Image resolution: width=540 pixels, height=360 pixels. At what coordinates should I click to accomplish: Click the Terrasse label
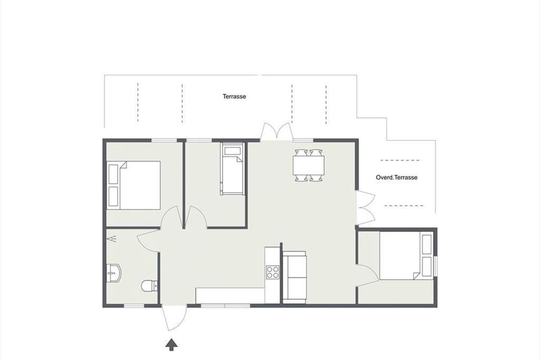click(x=234, y=96)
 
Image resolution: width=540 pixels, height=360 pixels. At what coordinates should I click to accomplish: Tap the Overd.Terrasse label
click(x=396, y=177)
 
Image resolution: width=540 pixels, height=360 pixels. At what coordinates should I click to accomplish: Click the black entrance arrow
click(x=171, y=345)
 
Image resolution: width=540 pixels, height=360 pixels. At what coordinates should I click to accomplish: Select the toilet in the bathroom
click(x=149, y=286)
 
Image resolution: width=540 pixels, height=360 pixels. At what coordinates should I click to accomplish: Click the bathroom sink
click(x=113, y=273)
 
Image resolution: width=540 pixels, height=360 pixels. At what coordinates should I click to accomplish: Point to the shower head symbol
click(x=112, y=238)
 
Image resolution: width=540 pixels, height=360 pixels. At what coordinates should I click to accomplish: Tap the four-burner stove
click(x=273, y=272)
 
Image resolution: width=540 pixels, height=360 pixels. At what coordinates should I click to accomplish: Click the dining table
click(x=309, y=166)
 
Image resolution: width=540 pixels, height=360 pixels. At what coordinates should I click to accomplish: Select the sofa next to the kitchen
click(x=294, y=277)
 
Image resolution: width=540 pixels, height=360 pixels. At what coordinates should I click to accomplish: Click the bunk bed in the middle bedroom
click(x=232, y=169)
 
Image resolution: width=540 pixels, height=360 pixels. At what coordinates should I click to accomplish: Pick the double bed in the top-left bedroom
click(x=134, y=185)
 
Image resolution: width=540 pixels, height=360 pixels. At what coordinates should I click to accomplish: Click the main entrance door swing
click(x=174, y=318)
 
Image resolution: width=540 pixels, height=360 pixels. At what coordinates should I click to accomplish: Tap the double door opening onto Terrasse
click(x=277, y=132)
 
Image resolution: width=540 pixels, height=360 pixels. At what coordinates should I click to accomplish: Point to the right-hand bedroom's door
click(x=367, y=275)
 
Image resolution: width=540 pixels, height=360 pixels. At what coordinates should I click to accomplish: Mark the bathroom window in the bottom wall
click(x=134, y=306)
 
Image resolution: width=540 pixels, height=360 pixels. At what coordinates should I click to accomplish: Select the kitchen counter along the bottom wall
click(x=230, y=296)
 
